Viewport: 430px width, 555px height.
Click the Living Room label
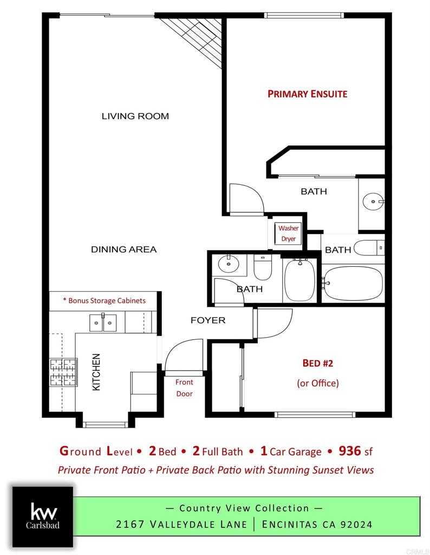(x=135, y=116)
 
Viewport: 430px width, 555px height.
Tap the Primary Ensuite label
(x=307, y=94)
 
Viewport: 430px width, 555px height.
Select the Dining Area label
(x=123, y=249)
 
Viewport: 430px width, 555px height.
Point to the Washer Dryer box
(x=288, y=234)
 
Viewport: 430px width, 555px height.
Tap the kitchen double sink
(x=103, y=323)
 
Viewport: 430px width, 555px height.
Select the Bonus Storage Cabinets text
(x=104, y=300)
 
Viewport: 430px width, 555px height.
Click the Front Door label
(x=184, y=388)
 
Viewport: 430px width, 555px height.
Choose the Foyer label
(x=207, y=320)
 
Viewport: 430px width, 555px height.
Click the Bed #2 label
(x=317, y=363)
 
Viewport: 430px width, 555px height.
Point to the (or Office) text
(x=317, y=383)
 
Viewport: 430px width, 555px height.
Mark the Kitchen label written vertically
(x=96, y=372)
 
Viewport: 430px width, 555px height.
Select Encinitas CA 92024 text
(x=317, y=524)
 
